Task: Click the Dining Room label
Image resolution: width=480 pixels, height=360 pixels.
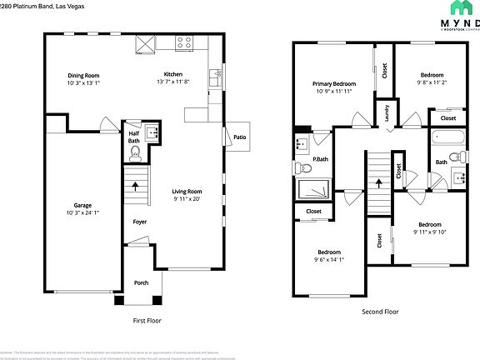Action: tap(83, 76)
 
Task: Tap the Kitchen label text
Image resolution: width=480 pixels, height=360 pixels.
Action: tap(172, 75)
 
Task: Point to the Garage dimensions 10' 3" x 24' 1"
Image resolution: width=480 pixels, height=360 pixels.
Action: tap(82, 212)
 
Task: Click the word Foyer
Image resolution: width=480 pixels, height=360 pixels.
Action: tap(140, 222)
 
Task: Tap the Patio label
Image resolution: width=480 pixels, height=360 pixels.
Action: tap(239, 137)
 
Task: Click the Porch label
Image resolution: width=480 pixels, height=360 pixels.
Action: tap(142, 282)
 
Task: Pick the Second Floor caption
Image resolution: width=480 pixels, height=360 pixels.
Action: tap(380, 312)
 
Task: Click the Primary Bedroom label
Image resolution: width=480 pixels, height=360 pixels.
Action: tap(334, 83)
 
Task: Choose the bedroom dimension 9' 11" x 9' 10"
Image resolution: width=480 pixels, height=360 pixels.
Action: tap(430, 232)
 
